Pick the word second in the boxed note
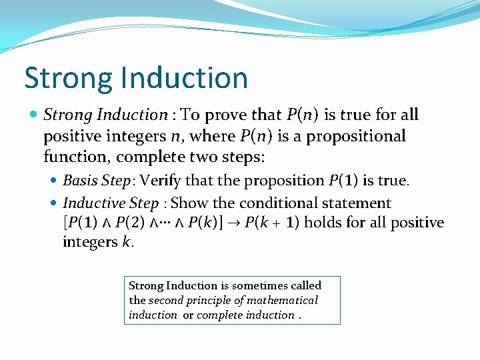click(x=165, y=301)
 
